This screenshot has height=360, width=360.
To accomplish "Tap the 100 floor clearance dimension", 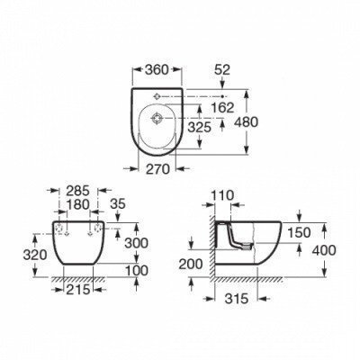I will coord(135,271).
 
